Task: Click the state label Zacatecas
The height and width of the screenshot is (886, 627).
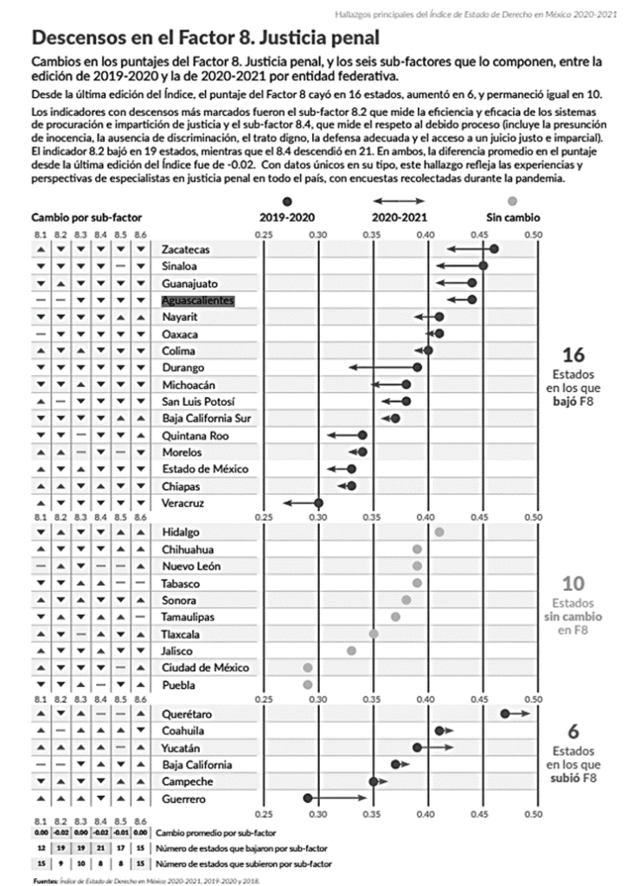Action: pyautogui.click(x=185, y=249)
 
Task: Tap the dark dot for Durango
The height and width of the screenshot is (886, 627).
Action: pyautogui.click(x=417, y=367)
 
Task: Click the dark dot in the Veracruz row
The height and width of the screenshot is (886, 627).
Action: pyautogui.click(x=318, y=503)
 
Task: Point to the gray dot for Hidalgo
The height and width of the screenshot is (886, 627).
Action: pyautogui.click(x=439, y=531)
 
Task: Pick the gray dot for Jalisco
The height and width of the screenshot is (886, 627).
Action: pyautogui.click(x=351, y=650)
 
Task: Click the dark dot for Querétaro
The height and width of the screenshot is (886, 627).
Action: pyautogui.click(x=505, y=714)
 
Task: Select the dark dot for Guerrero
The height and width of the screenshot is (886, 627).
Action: pyautogui.click(x=308, y=798)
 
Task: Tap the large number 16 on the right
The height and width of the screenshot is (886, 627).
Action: pyautogui.click(x=574, y=356)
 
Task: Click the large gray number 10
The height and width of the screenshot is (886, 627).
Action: pyautogui.click(x=574, y=585)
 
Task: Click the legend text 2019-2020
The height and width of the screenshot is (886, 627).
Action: pyautogui.click(x=287, y=217)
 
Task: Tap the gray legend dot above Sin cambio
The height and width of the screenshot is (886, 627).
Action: pyautogui.click(x=513, y=200)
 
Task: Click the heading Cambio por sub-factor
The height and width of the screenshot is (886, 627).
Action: pyautogui.click(x=86, y=217)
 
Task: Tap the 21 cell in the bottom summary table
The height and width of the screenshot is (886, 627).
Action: pyautogui.click(x=100, y=847)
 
